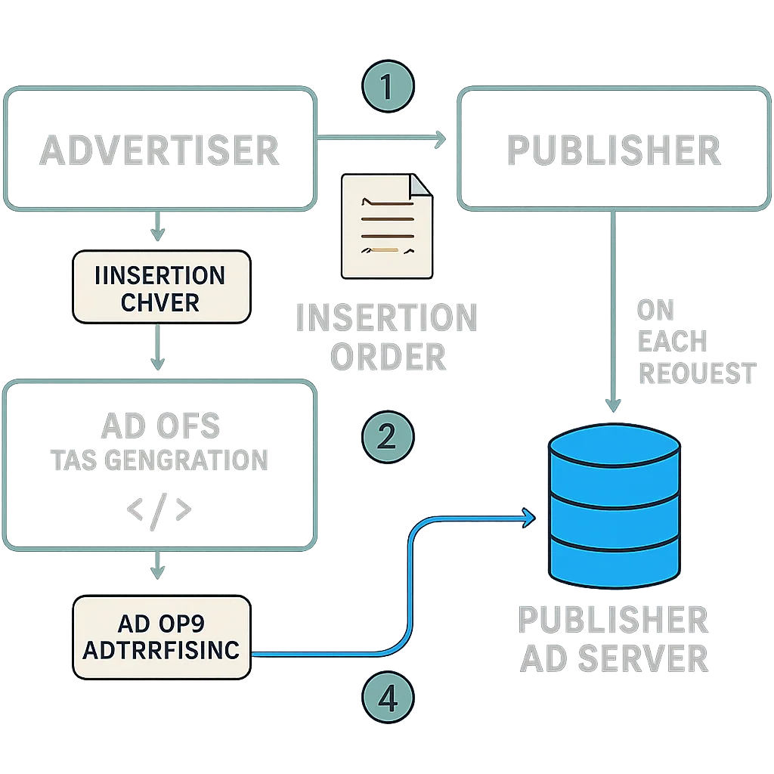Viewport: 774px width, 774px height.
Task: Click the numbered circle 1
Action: (387, 88)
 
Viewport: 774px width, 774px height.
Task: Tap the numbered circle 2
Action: (387, 437)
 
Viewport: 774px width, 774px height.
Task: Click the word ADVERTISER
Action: (159, 150)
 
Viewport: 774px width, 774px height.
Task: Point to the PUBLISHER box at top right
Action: (613, 148)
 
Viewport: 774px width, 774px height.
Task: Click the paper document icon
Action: (386, 226)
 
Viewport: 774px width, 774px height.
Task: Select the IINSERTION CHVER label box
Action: (161, 287)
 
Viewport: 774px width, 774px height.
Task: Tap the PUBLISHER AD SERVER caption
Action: (613, 639)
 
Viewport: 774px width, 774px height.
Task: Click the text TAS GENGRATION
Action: (159, 459)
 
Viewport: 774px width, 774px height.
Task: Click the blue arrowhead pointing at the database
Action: (528, 518)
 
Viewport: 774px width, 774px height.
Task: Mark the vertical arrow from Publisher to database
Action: (613, 310)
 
